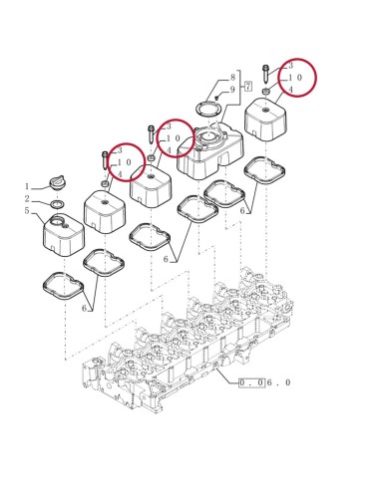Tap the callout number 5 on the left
pyautogui.click(x=27, y=211)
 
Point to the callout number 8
pyautogui.click(x=231, y=77)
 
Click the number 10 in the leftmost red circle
pyautogui.click(x=125, y=162)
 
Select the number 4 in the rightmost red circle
pyautogui.click(x=290, y=90)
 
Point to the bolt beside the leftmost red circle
pyautogui.click(x=104, y=160)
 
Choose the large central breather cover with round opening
pyautogui.click(x=211, y=149)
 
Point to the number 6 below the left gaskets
pyautogui.click(x=86, y=309)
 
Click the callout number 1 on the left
pyautogui.click(x=27, y=186)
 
